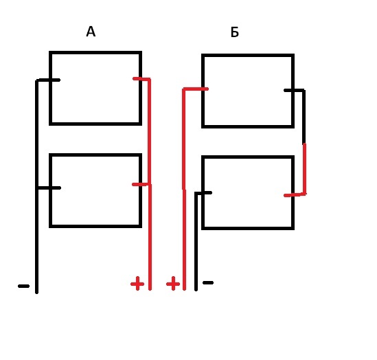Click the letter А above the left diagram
tap(91, 32)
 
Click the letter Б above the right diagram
tap(235, 32)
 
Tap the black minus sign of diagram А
tap(23, 286)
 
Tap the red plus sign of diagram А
tap(137, 283)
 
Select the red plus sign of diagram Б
tap(173, 283)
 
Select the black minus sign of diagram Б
tap(208, 282)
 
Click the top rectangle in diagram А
tap(95, 52)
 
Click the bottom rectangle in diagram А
tap(95, 155)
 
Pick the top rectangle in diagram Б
tap(248, 56)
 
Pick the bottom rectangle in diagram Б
tap(248, 157)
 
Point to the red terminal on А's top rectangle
tap(139, 78)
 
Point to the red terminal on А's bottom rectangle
tap(139, 184)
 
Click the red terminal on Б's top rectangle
tap(201, 89)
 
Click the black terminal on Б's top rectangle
tap(291, 91)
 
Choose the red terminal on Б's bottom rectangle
tap(290, 195)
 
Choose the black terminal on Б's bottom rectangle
tap(205, 192)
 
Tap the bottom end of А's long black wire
tap(36, 293)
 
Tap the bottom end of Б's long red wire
tap(185, 289)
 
